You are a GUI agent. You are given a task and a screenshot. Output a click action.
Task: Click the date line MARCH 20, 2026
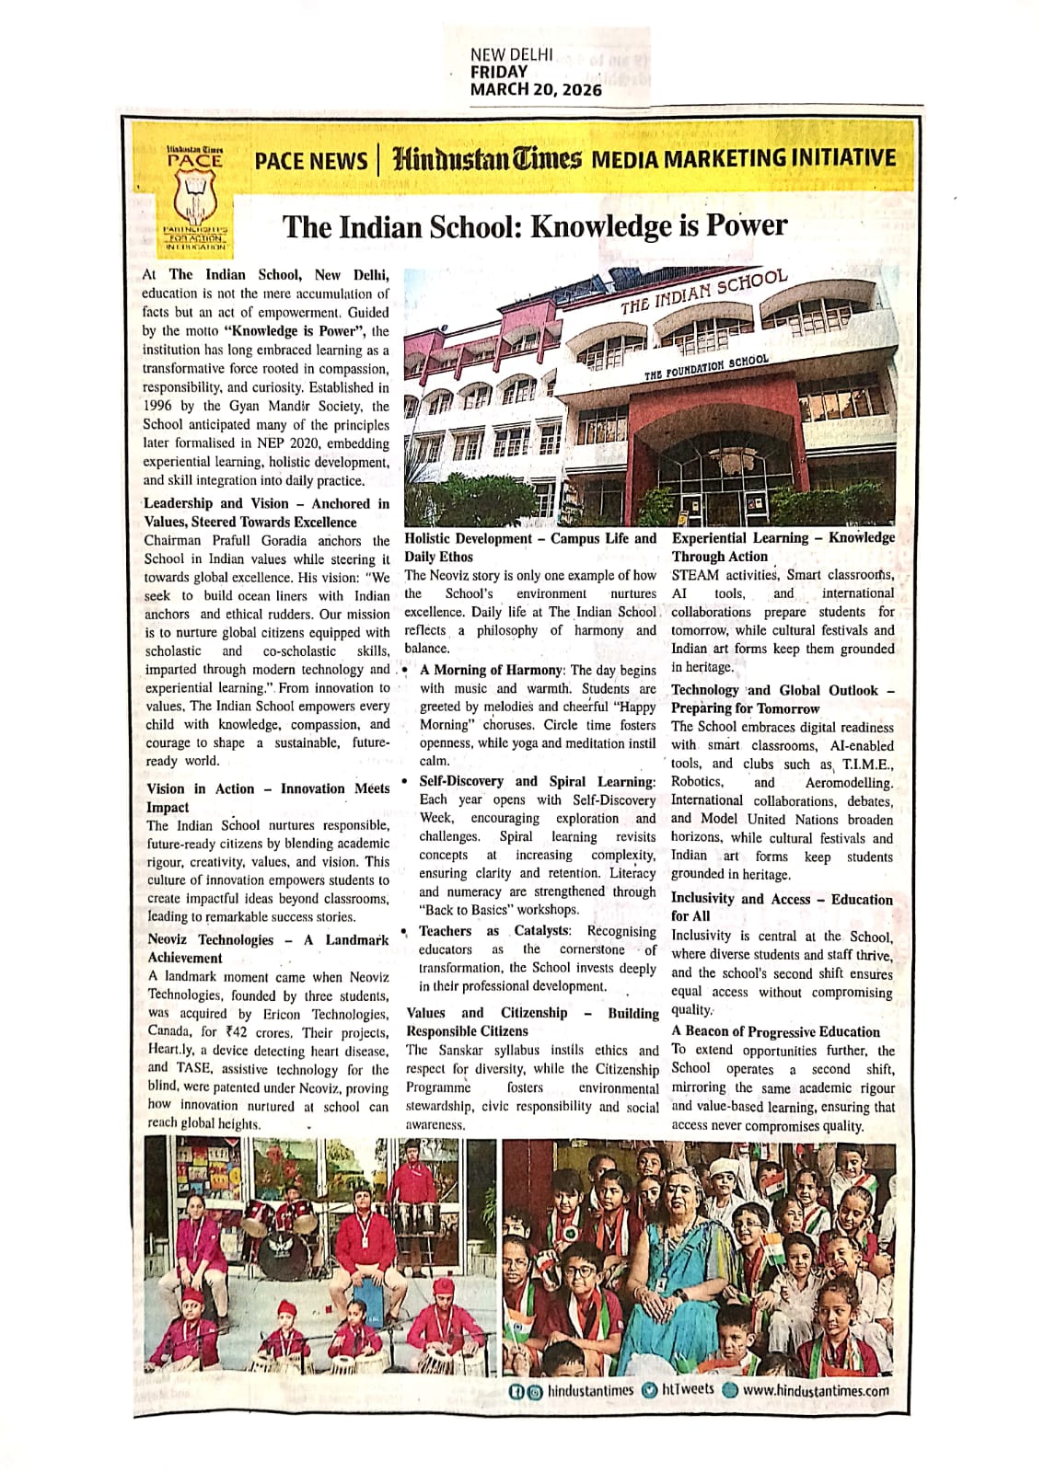point(535,89)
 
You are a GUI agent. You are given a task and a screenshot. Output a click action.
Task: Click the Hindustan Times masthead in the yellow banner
point(487,158)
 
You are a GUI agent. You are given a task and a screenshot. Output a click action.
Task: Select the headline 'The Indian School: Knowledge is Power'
point(534,225)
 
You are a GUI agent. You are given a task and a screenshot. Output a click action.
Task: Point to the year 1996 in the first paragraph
point(158,406)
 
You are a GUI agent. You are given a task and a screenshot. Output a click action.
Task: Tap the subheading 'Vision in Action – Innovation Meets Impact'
point(267,798)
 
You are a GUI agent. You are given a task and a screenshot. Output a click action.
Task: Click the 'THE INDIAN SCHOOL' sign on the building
point(703,292)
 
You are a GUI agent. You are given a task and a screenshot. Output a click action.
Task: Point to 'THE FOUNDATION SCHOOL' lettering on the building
point(705,367)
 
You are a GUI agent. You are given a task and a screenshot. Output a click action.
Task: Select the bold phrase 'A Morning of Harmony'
point(490,670)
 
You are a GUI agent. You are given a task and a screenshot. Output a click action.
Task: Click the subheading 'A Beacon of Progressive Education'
point(775,1031)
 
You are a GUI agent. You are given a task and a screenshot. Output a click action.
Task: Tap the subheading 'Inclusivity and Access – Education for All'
point(781,907)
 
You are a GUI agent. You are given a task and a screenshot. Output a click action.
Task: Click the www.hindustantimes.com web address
point(815,1390)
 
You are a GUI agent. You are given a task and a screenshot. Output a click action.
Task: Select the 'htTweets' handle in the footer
point(687,1389)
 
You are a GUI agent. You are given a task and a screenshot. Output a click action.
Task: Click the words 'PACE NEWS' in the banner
point(310,160)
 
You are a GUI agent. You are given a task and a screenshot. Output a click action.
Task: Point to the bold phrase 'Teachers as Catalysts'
point(494,930)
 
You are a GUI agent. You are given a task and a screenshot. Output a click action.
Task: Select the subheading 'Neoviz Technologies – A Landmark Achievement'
point(267,949)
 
